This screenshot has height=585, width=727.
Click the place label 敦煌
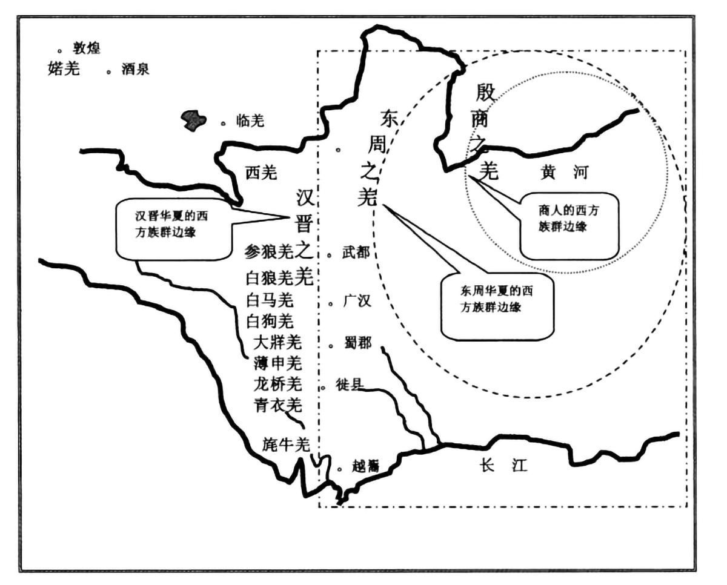(x=87, y=49)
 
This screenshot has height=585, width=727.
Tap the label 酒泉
(x=134, y=70)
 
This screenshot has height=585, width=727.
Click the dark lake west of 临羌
(x=193, y=120)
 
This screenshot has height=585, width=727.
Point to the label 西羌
(x=261, y=173)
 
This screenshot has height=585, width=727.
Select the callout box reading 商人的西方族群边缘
(x=569, y=225)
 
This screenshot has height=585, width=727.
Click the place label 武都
(x=356, y=254)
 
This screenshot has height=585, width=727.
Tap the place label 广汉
(x=357, y=301)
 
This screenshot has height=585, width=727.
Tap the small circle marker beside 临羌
(x=224, y=123)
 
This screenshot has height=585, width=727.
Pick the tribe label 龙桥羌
(x=278, y=384)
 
